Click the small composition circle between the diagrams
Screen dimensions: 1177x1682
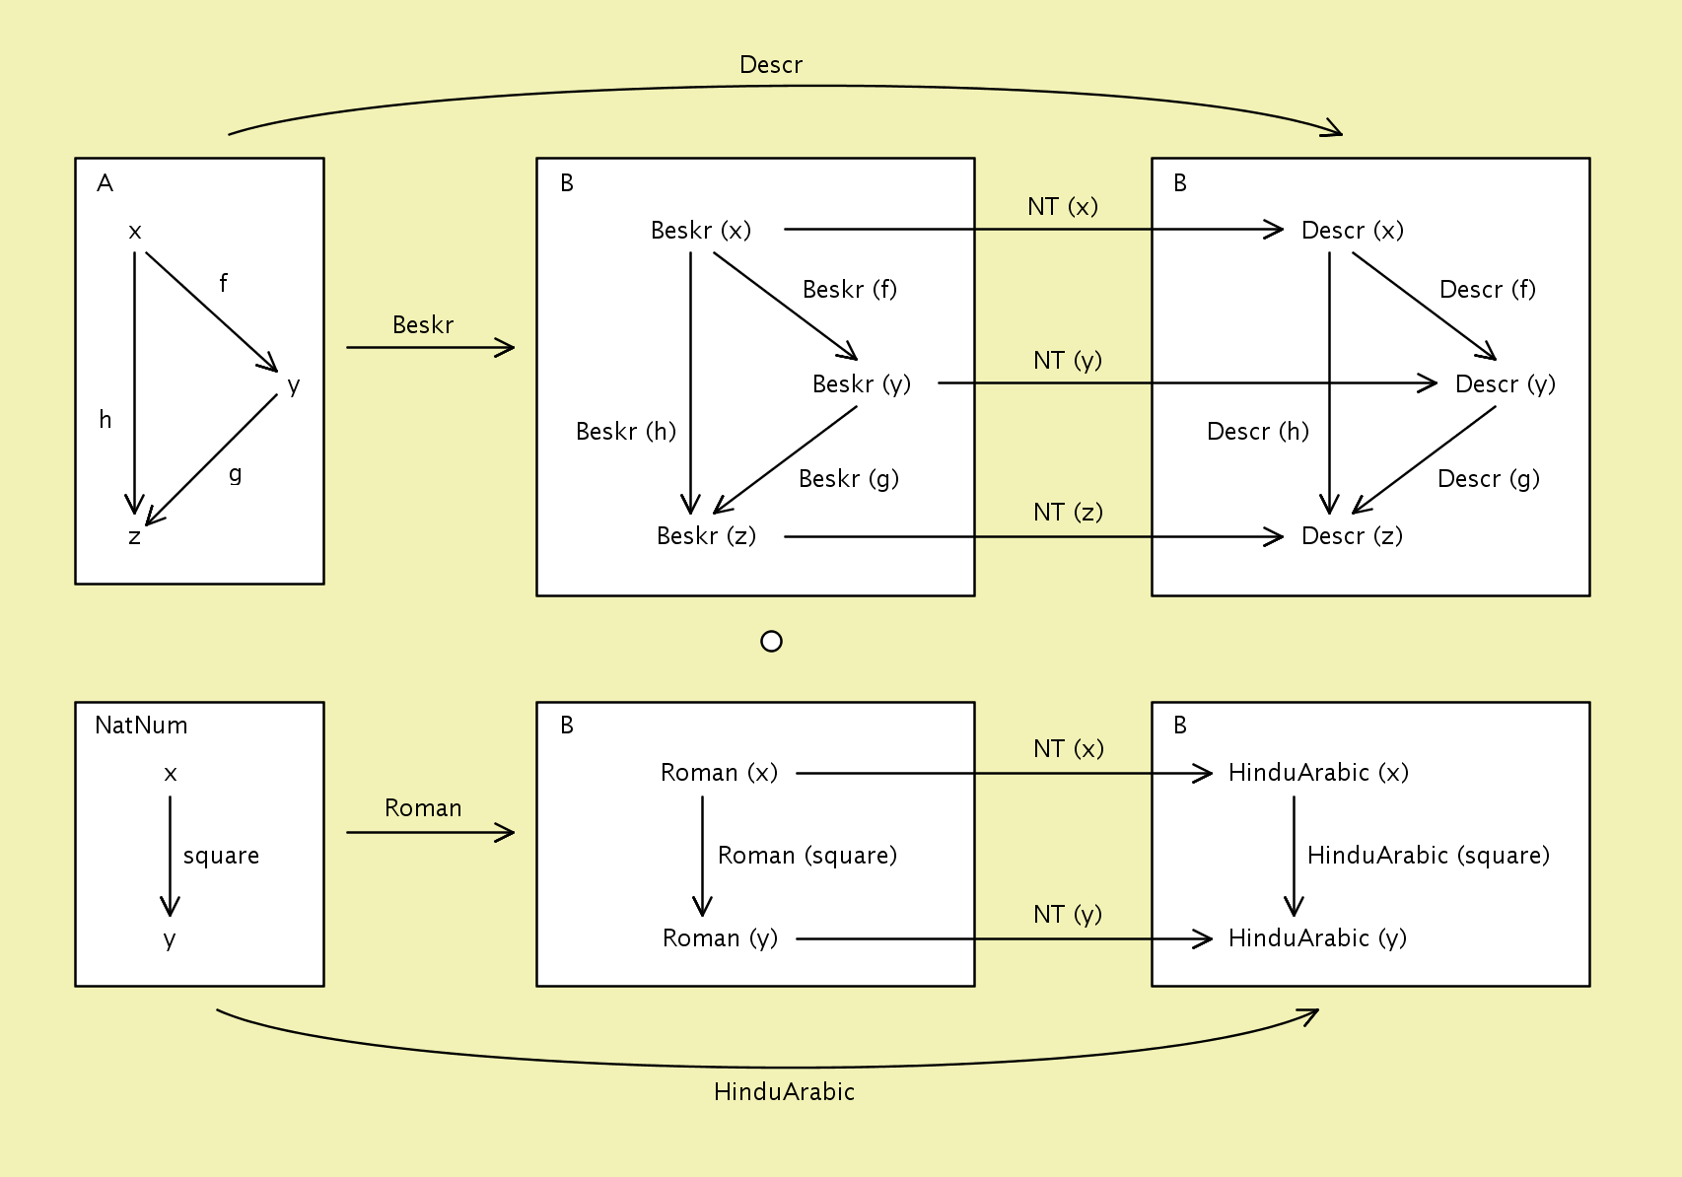(772, 642)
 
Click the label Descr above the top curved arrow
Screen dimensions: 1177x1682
(771, 65)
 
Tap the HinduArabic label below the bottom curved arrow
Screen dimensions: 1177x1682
(784, 1091)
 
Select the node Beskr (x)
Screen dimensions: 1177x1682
(701, 231)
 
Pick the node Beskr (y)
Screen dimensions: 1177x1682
(861, 383)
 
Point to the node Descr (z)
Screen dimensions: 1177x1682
(1352, 536)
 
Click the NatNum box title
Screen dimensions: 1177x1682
(141, 726)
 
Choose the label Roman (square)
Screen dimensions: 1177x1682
(806, 856)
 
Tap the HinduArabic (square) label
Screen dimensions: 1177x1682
(1428, 856)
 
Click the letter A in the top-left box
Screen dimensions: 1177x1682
(105, 183)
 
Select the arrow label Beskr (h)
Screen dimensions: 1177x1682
(626, 432)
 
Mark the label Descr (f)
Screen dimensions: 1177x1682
(1487, 290)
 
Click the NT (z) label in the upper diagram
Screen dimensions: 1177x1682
(1068, 513)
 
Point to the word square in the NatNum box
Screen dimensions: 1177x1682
(221, 856)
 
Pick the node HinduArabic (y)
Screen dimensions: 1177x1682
(1317, 938)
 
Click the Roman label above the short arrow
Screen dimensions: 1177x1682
(423, 808)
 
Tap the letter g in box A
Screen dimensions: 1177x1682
(235, 474)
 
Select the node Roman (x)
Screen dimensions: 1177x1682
(719, 773)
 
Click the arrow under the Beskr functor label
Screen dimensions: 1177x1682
(430, 347)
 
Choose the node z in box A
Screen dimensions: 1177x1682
(134, 537)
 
